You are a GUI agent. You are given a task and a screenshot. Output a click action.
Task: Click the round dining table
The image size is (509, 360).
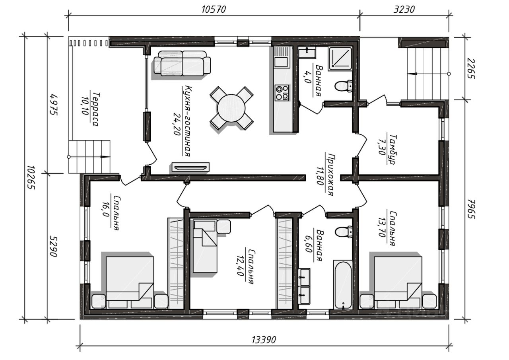click(x=231, y=109)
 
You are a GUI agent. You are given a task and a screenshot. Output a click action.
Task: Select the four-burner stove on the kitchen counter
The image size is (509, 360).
click(x=282, y=93)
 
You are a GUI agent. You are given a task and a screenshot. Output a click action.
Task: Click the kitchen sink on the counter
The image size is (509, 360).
click(x=281, y=62)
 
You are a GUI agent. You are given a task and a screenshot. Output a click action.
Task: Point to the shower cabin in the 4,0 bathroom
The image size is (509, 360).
click(x=340, y=58)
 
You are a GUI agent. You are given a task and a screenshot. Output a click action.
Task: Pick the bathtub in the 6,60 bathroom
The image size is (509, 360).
click(x=343, y=285)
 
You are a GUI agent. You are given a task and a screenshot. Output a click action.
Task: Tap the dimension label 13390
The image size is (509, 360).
click(x=264, y=340)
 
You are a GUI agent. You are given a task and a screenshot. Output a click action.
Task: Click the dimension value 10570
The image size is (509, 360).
click(x=214, y=10)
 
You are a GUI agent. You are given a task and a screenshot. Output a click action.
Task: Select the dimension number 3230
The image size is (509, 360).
click(x=404, y=10)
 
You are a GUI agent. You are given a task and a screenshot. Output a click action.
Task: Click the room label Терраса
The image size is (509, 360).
click(x=95, y=109)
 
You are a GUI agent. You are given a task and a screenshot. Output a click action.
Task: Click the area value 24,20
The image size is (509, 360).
click(x=177, y=124)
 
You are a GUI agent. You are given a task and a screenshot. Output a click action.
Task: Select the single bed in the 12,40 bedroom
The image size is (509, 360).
click(x=206, y=246)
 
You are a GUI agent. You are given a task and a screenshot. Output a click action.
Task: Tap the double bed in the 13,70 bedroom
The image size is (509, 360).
click(x=398, y=282)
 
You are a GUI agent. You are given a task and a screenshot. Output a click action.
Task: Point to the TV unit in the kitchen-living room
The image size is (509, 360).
click(x=190, y=167)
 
